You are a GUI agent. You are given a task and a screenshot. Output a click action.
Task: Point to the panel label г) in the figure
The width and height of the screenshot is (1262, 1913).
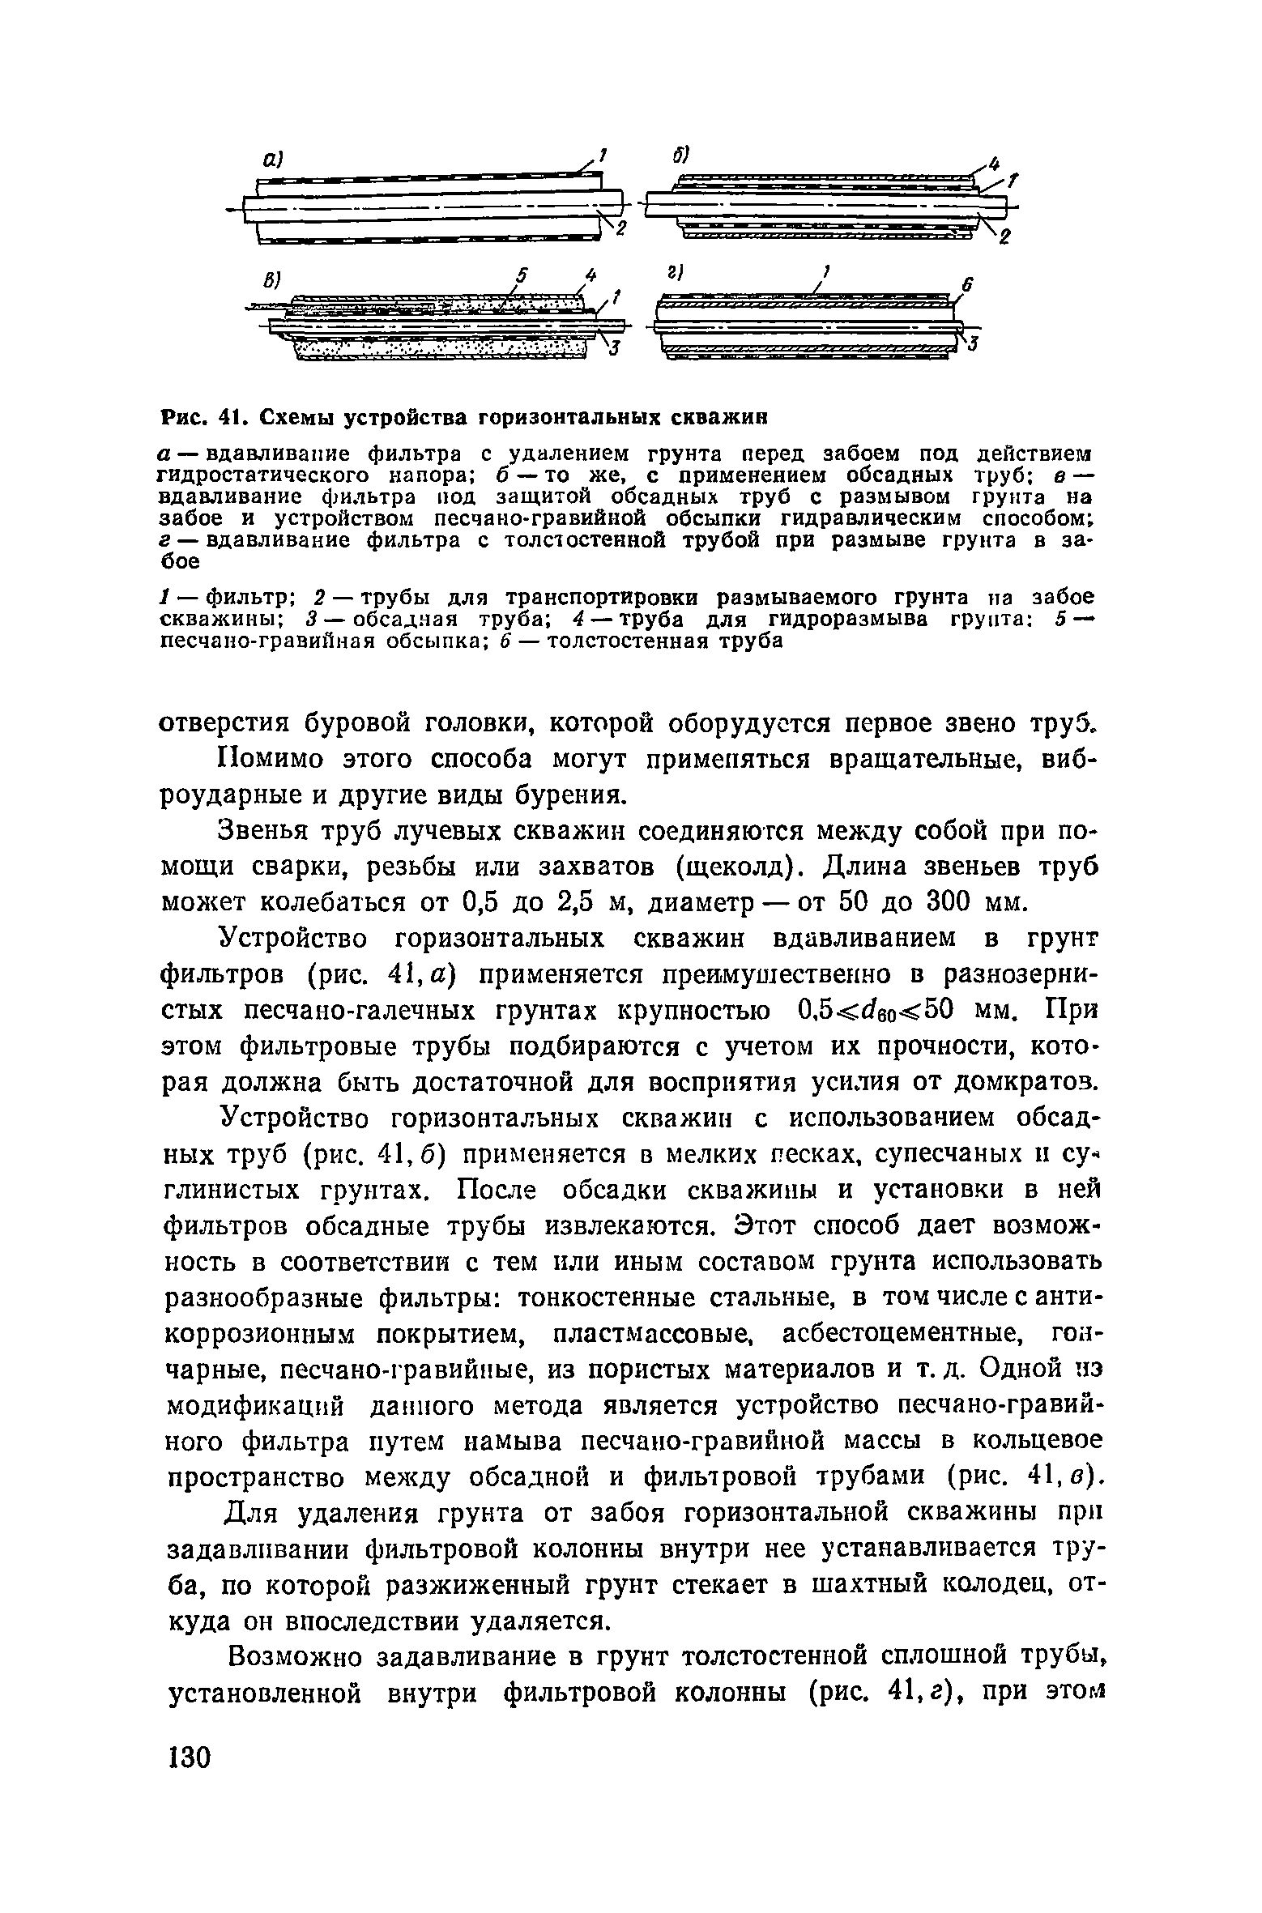[673, 275]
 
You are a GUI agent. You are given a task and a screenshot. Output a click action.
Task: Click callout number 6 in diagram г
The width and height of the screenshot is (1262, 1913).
[966, 285]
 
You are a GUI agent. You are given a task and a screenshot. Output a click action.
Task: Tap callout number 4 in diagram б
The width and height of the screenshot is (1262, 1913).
[997, 162]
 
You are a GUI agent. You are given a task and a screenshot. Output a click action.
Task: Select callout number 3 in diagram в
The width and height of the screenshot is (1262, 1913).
[615, 349]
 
